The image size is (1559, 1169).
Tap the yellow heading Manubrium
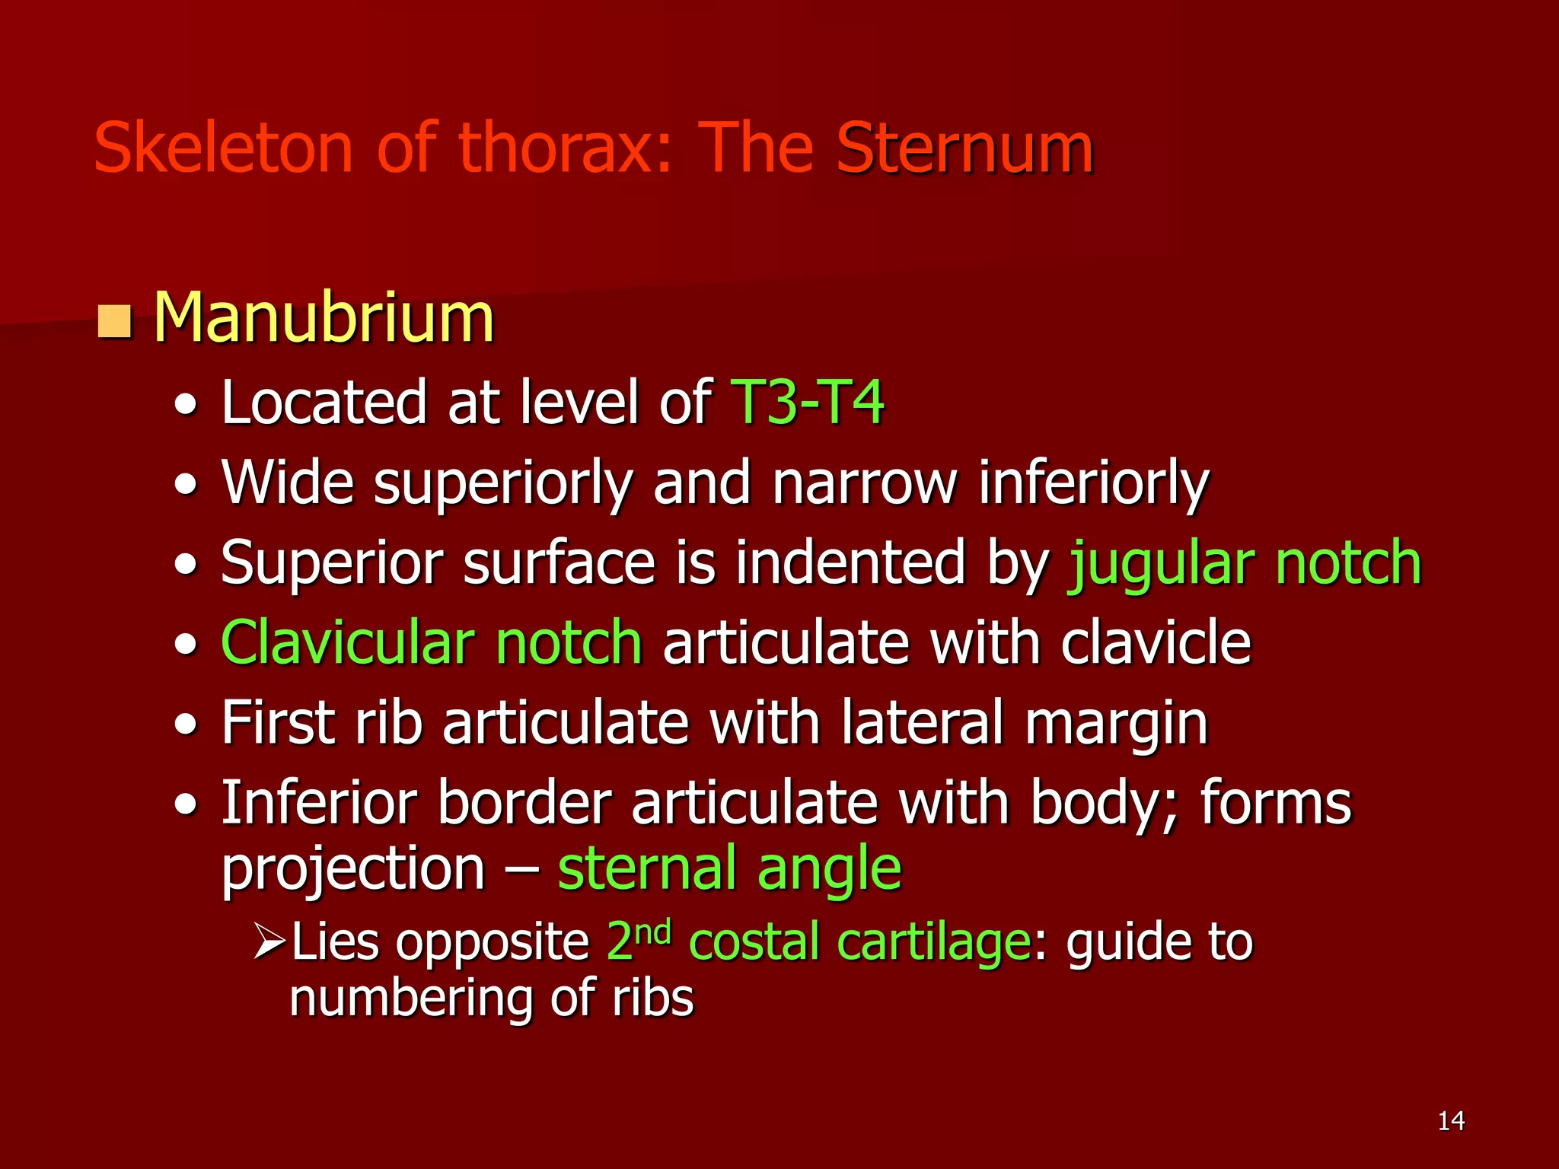click(324, 317)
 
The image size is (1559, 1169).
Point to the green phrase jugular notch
click(1245, 563)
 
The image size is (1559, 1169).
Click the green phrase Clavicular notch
click(432, 643)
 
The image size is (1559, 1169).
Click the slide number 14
click(1451, 1121)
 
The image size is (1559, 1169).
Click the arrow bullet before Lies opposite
click(269, 941)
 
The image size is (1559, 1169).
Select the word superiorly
click(503, 483)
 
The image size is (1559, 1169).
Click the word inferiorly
click(1093, 483)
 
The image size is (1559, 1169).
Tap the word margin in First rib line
click(1116, 724)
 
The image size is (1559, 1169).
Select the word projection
click(353, 869)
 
